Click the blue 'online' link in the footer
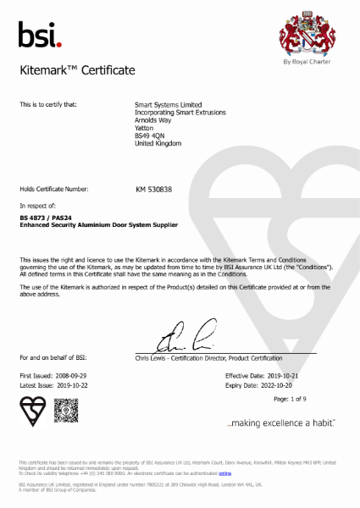(x=224, y=474)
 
